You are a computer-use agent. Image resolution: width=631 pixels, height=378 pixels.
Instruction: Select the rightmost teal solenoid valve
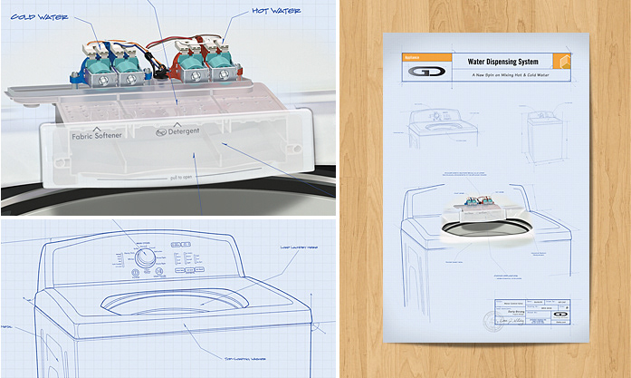click(x=220, y=66)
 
